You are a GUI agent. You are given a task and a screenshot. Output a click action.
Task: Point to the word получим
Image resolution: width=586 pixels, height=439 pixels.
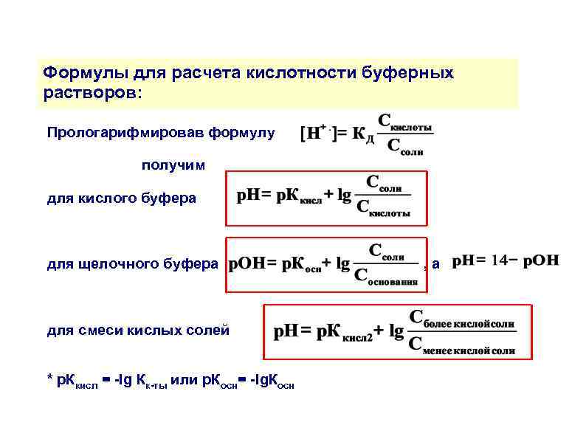point(173,165)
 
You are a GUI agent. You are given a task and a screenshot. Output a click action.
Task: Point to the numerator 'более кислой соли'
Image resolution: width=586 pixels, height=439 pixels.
point(462,320)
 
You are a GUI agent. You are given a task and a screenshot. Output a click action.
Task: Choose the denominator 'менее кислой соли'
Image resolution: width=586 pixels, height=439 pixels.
point(462,348)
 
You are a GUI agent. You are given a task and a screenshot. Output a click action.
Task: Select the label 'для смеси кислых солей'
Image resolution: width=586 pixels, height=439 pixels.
point(138,330)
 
